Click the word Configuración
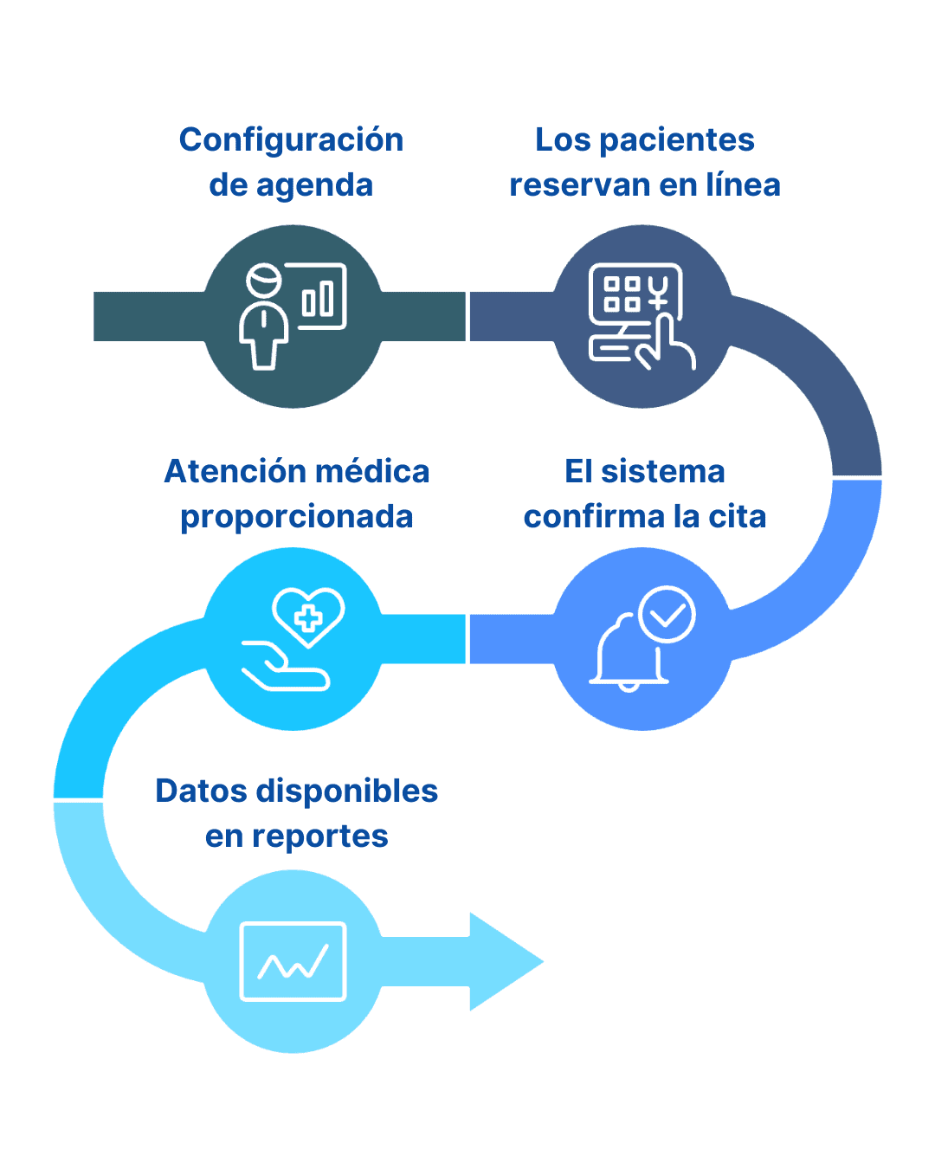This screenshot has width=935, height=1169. [291, 140]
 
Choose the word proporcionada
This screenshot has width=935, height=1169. [297, 517]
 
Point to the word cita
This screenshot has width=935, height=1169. [738, 517]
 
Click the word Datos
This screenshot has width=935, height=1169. [201, 791]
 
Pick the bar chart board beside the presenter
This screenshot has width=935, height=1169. [321, 297]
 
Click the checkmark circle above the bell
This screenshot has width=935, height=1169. [667, 614]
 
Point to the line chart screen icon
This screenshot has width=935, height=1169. [293, 962]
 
